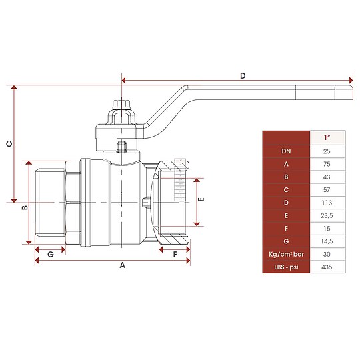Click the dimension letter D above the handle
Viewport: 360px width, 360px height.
pyautogui.click(x=243, y=76)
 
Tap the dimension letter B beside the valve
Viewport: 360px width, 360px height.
pyautogui.click(x=24, y=208)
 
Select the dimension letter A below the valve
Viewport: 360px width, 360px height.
pyautogui.click(x=122, y=265)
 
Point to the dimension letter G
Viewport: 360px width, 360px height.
pyautogui.click(x=50, y=255)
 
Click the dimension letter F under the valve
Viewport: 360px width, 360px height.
pyautogui.click(x=175, y=255)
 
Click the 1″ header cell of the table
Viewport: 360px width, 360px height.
pyautogui.click(x=327, y=137)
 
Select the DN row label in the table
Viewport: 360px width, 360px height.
pyautogui.click(x=286, y=151)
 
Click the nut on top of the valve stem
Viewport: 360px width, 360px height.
pyautogui.click(x=122, y=104)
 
